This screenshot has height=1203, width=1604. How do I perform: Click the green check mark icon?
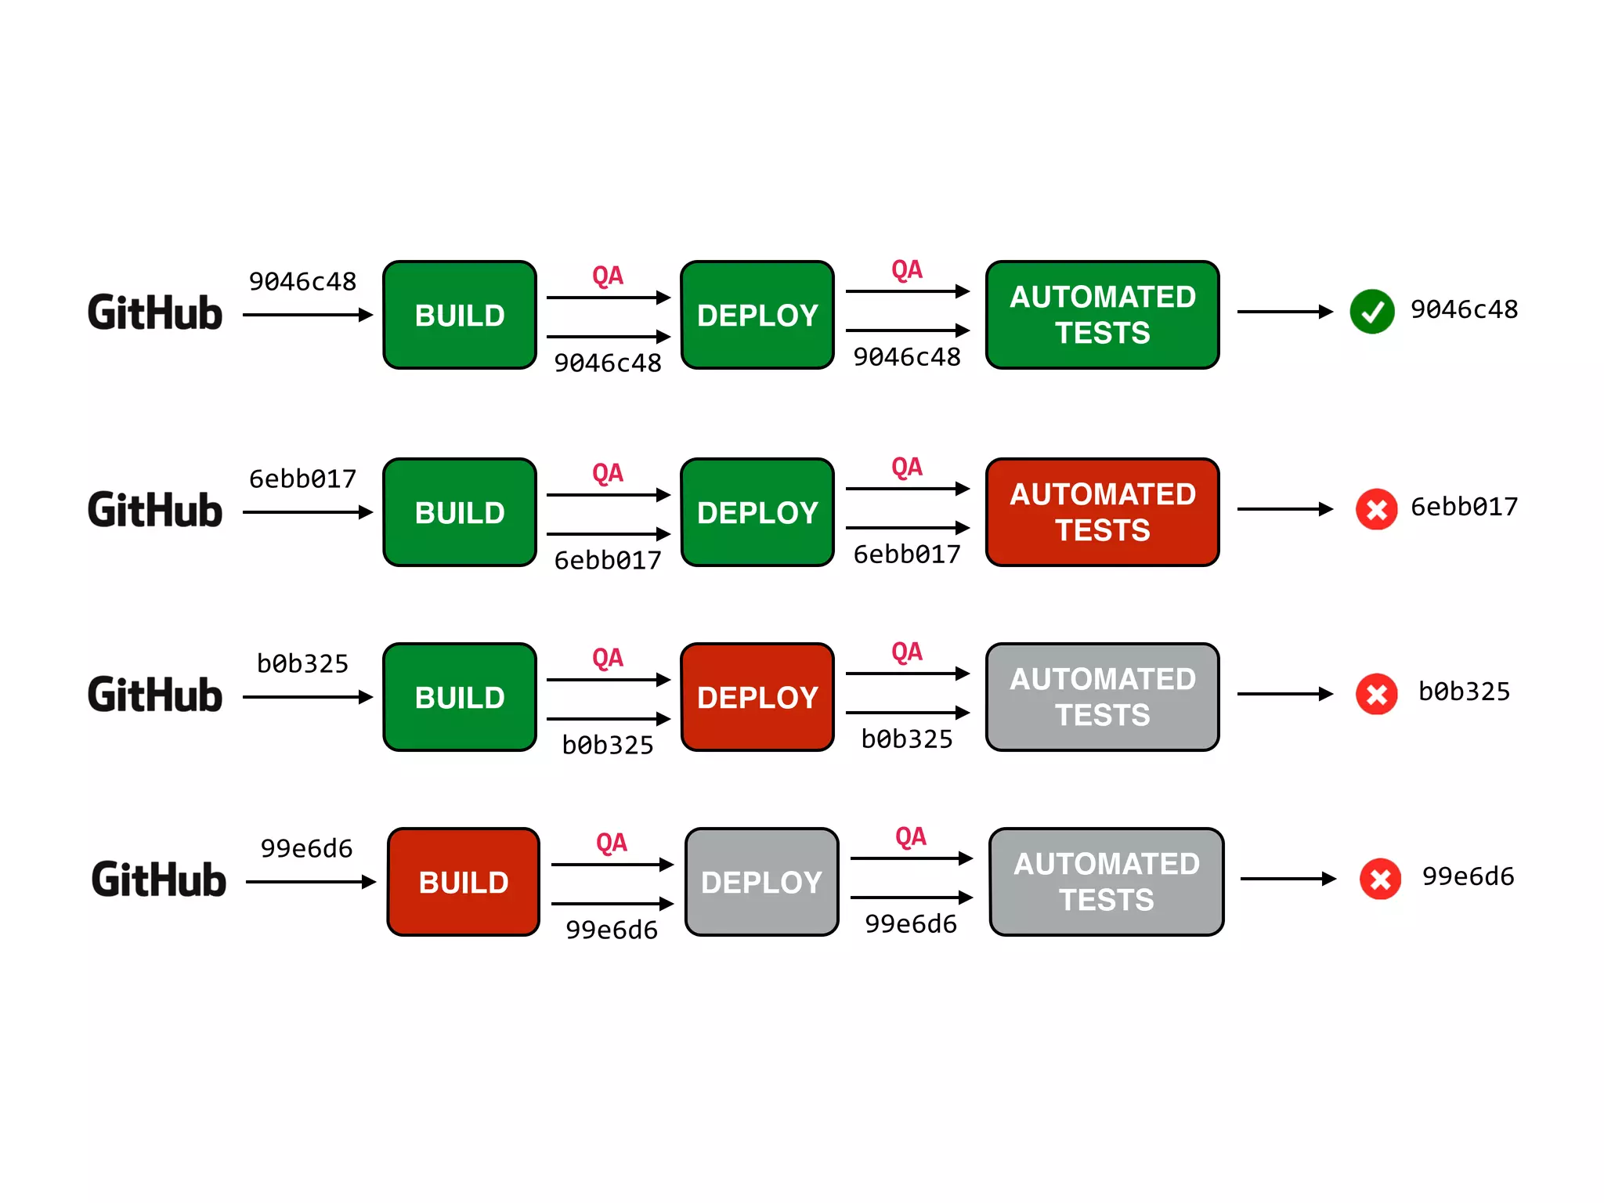pyautogui.click(x=1372, y=312)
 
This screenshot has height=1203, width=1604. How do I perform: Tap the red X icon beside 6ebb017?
pyautogui.click(x=1376, y=509)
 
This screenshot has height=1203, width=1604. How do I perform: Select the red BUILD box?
pyautogui.click(x=464, y=882)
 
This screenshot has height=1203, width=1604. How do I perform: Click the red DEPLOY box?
pyautogui.click(x=757, y=697)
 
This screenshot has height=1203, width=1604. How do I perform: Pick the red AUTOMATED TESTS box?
pyautogui.click(x=1102, y=512)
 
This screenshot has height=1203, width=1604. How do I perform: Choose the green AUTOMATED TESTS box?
pyautogui.click(x=1102, y=315)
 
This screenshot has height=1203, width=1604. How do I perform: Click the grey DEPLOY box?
pyautogui.click(x=761, y=882)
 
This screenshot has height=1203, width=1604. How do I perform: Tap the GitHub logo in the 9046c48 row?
pyautogui.click(x=155, y=313)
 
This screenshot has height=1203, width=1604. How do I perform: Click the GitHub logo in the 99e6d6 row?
pyautogui.click(x=159, y=880)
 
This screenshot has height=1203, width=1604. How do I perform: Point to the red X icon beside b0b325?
pyautogui.click(x=1376, y=694)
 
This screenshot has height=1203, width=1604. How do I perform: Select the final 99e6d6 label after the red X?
pyautogui.click(x=1468, y=876)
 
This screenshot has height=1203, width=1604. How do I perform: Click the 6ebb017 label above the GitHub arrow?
pyautogui.click(x=302, y=479)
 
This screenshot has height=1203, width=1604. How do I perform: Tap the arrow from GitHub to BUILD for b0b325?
pyautogui.click(x=307, y=697)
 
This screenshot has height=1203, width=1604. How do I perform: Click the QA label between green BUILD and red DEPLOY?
pyautogui.click(x=608, y=658)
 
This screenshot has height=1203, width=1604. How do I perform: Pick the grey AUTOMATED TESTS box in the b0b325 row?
pyautogui.click(x=1102, y=697)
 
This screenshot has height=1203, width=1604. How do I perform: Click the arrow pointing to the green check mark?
pyautogui.click(x=1284, y=312)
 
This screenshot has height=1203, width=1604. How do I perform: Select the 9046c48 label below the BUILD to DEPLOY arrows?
pyautogui.click(x=608, y=363)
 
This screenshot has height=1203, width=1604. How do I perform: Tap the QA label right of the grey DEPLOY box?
pyautogui.click(x=910, y=836)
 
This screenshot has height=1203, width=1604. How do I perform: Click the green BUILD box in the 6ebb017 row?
pyautogui.click(x=460, y=512)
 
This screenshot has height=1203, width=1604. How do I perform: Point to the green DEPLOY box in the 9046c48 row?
pyautogui.click(x=757, y=315)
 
